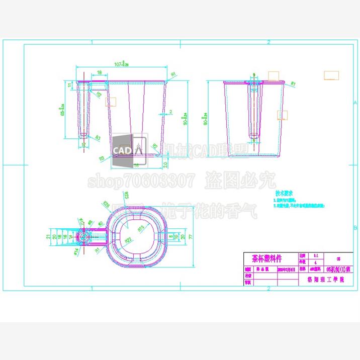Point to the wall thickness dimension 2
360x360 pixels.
170,111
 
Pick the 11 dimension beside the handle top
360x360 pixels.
69,85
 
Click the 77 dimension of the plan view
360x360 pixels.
192,236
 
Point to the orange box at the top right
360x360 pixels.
331,75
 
